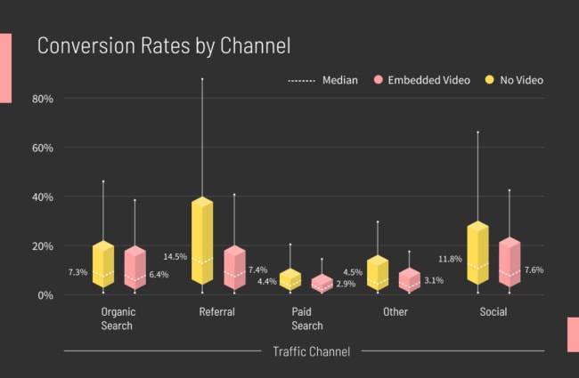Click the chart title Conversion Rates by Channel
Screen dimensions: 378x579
tap(163, 45)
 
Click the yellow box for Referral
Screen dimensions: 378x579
tap(202, 241)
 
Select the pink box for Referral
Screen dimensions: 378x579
tap(234, 267)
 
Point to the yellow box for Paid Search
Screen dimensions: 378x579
tap(290, 278)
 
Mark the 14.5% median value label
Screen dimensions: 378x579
tap(175, 257)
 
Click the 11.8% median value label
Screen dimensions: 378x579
tap(450, 260)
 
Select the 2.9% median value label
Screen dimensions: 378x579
tap(345, 284)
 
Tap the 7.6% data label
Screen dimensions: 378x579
tap(534, 270)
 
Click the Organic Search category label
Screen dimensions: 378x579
tap(118, 319)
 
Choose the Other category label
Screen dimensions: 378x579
tap(396, 313)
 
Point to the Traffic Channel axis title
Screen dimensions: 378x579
tap(311, 351)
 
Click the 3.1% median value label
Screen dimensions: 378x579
tap(433, 281)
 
